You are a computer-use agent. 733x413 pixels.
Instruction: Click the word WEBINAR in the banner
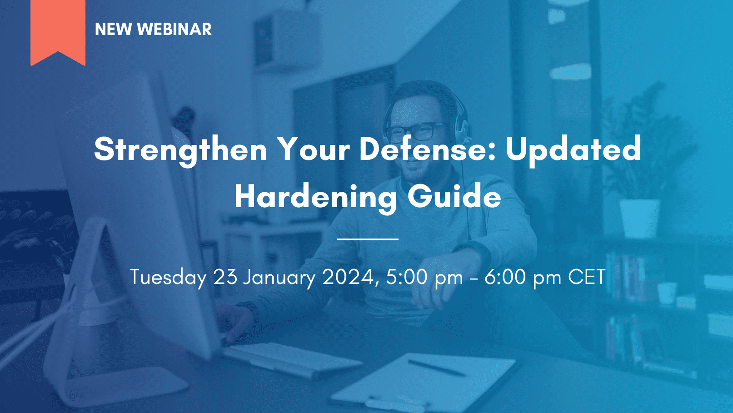tap(175, 29)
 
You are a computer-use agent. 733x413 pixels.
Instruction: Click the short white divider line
tap(368, 239)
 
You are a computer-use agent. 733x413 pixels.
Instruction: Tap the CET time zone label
tap(586, 277)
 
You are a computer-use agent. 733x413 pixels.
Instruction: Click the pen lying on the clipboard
tap(436, 368)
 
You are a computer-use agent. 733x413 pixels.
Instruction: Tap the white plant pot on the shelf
tap(640, 218)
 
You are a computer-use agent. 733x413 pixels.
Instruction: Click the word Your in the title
tap(314, 149)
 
